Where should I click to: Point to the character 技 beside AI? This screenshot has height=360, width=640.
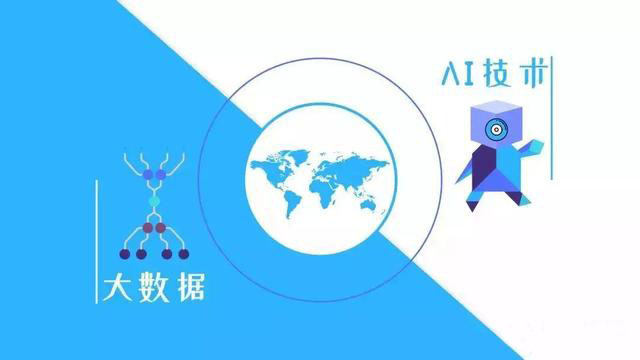pyautogui.click(x=497, y=74)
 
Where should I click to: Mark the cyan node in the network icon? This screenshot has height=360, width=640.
pyautogui.click(x=153, y=201)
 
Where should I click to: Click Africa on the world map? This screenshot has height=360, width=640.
pyautogui.click(x=324, y=186)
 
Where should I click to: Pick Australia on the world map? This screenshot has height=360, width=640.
pyautogui.click(x=373, y=204)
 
